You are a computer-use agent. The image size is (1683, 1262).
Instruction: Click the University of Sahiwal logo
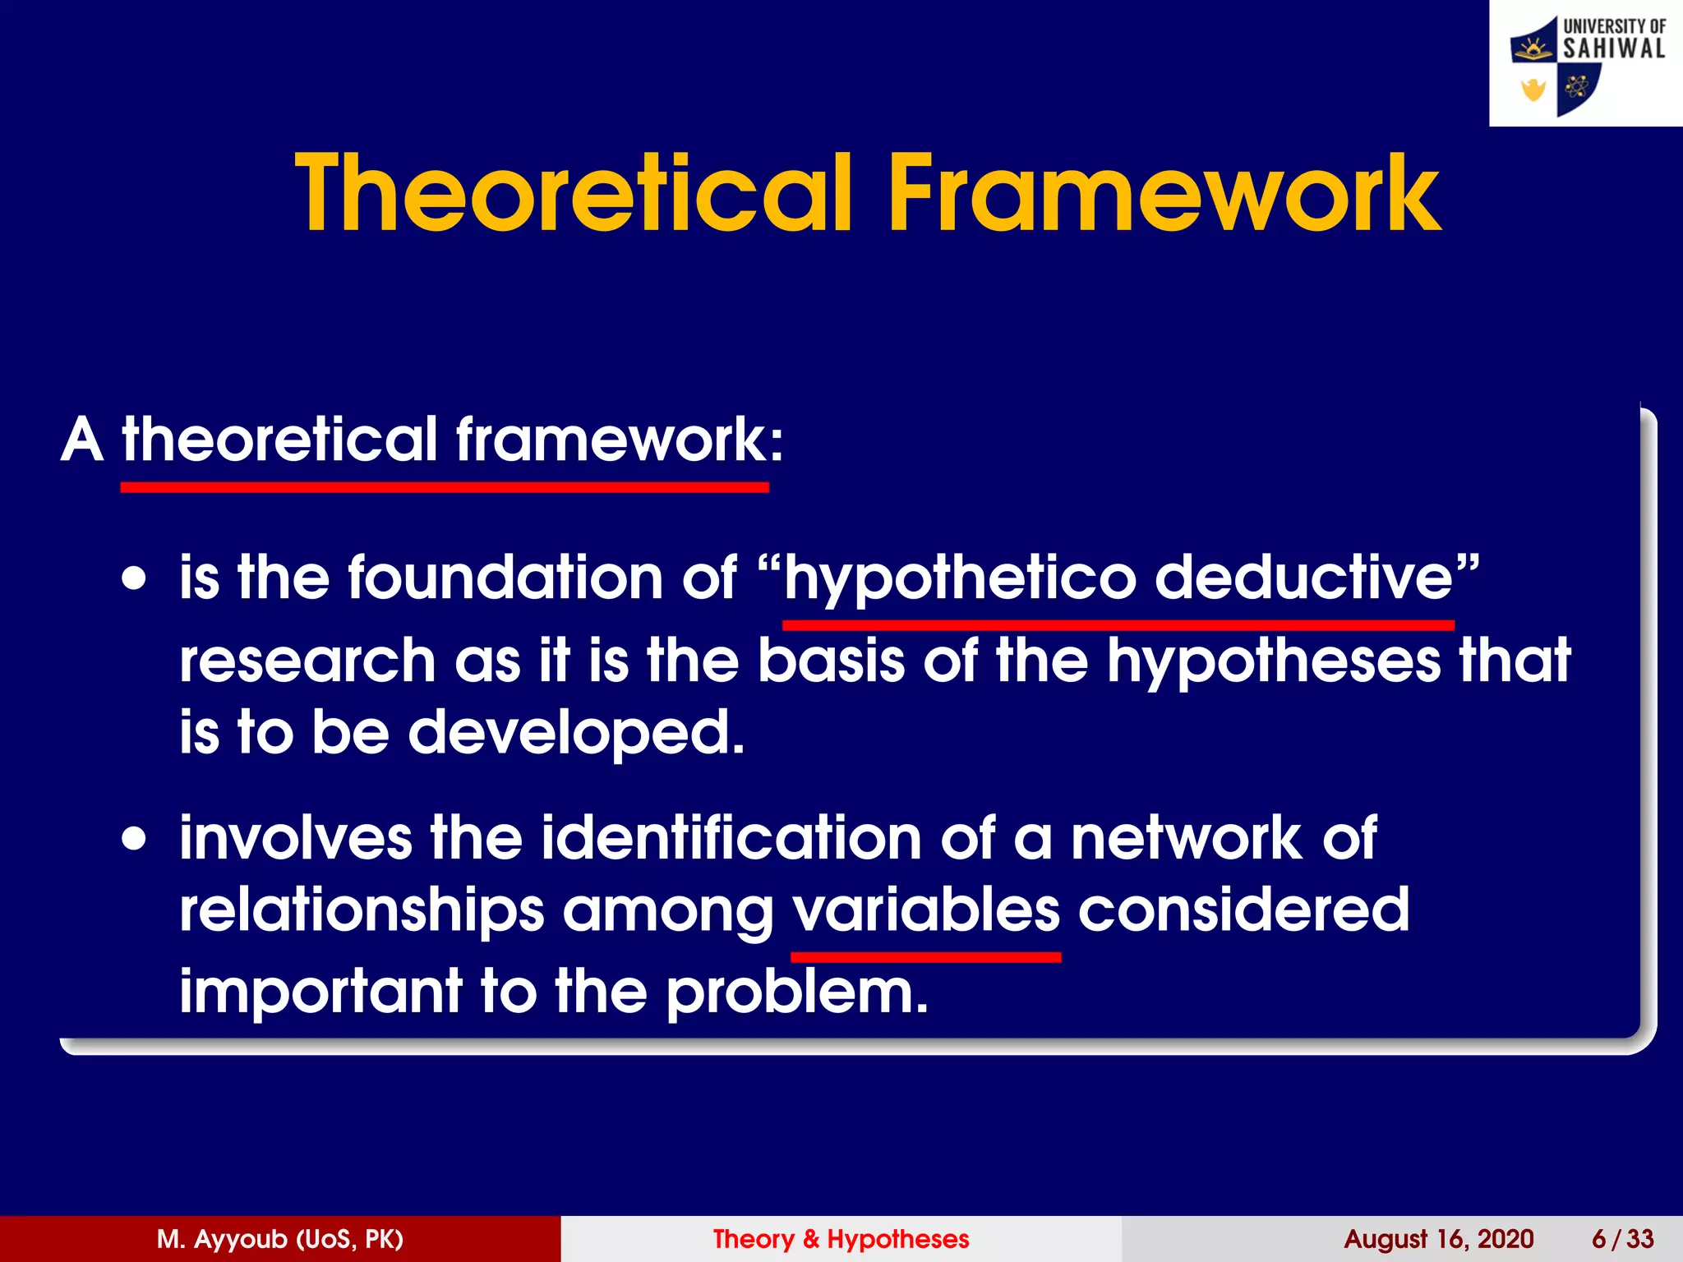[x=1586, y=63]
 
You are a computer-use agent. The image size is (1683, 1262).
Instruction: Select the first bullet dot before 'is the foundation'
[x=134, y=578]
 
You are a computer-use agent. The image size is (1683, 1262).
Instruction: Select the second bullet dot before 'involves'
[x=134, y=840]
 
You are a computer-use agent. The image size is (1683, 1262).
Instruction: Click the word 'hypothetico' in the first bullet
[x=960, y=578]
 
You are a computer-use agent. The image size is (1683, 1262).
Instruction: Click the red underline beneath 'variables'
[x=925, y=957]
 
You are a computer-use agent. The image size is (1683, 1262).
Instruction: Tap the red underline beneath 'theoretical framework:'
[x=444, y=487]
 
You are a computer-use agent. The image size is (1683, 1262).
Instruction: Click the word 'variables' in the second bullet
[x=925, y=910]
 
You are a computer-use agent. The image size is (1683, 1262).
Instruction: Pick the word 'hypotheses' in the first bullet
[x=1273, y=661]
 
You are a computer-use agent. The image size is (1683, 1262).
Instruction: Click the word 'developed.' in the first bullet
[x=576, y=732]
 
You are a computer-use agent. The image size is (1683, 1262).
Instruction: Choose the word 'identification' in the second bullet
[x=731, y=838]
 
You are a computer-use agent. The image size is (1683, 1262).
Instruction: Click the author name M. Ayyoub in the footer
[x=279, y=1239]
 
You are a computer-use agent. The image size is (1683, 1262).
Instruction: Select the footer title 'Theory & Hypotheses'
[x=841, y=1239]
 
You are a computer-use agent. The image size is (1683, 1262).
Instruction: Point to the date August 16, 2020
[x=1438, y=1239]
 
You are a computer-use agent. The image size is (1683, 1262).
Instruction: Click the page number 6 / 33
[x=1622, y=1239]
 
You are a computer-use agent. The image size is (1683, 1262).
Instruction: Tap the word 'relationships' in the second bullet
[x=362, y=910]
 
